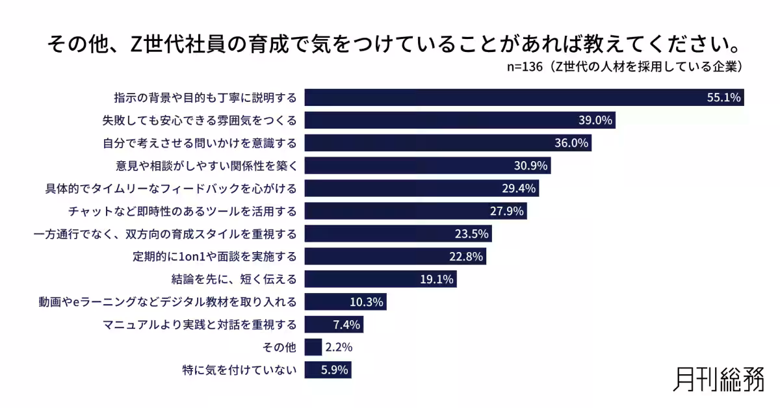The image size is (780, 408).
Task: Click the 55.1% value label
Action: [x=723, y=97]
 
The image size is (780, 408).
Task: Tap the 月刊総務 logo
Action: [x=718, y=379]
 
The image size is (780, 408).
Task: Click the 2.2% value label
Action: [x=338, y=348]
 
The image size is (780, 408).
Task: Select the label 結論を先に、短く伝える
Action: [x=234, y=279]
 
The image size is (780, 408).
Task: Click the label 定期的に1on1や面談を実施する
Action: [x=214, y=257]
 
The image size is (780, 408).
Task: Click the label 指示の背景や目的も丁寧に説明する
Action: [x=205, y=97]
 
